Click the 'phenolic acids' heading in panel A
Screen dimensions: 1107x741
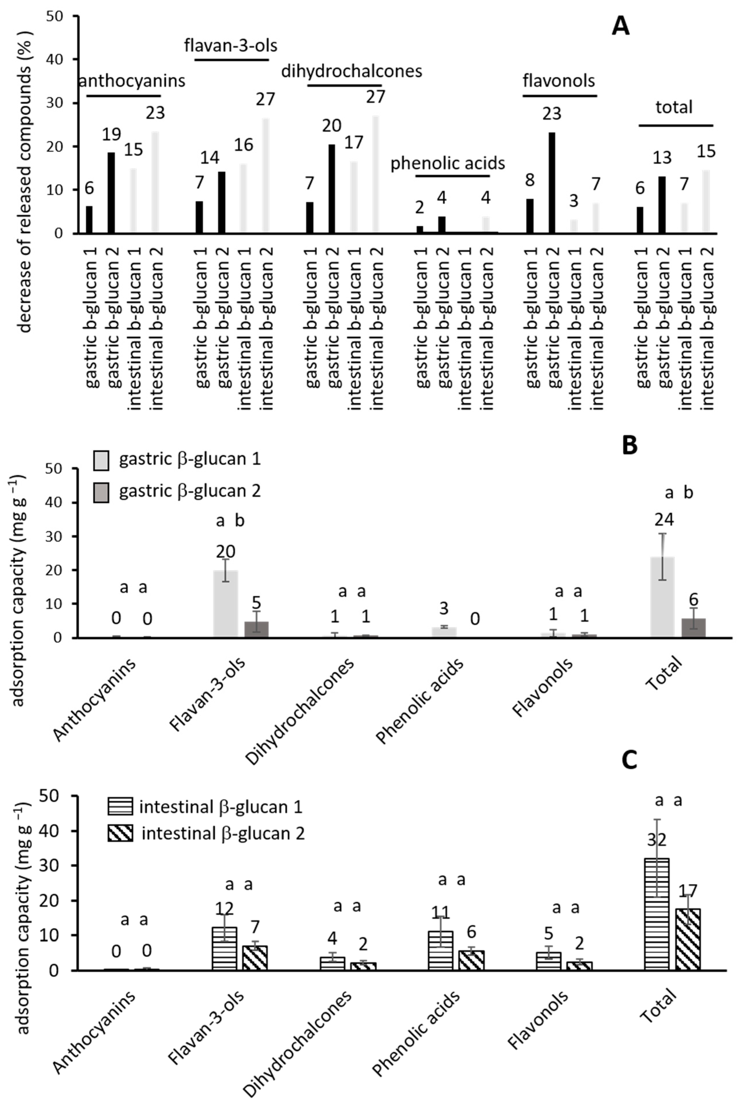(x=448, y=163)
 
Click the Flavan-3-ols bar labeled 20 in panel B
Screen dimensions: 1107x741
(x=225, y=604)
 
